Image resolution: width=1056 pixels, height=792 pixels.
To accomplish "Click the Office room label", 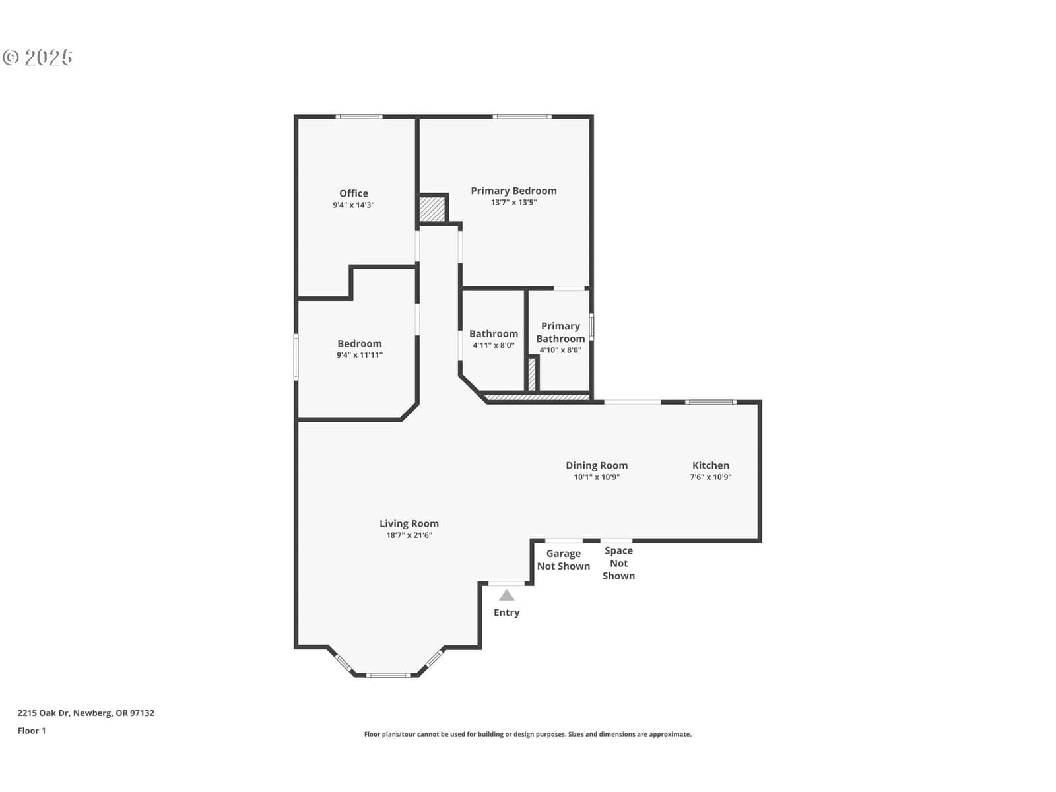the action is coord(354,193).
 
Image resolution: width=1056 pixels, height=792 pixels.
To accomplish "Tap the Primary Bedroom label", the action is coord(513,191).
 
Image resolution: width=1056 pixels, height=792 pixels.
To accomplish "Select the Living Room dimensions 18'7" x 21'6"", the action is coord(409,535).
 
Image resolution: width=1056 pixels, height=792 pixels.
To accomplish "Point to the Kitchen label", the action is coord(711,465).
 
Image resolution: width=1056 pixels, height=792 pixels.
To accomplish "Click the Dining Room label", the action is coord(597,465).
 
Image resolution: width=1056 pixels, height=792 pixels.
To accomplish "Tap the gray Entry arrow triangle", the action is coord(507,595).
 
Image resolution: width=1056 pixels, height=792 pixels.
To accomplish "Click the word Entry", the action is coord(507,612).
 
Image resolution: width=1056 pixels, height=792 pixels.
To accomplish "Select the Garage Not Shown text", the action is coord(564,560).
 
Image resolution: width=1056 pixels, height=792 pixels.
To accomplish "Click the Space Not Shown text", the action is coord(618,563).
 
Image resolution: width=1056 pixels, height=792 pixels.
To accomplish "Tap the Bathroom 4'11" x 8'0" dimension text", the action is coord(494,345).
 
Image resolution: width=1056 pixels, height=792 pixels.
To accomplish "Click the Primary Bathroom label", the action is coord(560,332).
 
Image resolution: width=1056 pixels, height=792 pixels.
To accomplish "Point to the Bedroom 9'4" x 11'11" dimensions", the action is coord(360,355).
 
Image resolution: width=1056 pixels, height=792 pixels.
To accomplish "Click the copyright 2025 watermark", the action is coord(38,57).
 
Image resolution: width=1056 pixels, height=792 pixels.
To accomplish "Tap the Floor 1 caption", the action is coord(32,731).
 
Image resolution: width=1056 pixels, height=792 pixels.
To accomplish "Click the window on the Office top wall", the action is coord(359,117).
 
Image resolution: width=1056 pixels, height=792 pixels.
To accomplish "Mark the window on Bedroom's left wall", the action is coord(296,357).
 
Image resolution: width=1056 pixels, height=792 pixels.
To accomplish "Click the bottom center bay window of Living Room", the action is coord(388,675).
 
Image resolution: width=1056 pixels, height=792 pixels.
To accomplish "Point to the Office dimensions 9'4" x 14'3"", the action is coord(354,205).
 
